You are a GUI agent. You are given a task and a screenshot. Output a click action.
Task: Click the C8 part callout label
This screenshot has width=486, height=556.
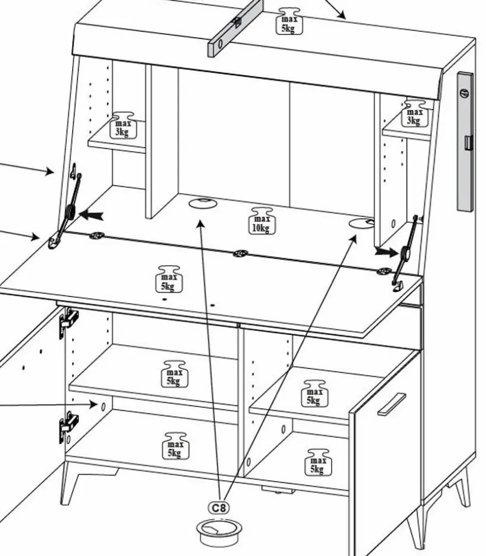(x=219, y=508)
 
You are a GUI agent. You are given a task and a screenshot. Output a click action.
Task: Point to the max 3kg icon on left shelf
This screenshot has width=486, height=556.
(x=122, y=124)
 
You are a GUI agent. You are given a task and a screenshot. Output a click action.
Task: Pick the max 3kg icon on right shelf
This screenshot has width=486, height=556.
(x=414, y=112)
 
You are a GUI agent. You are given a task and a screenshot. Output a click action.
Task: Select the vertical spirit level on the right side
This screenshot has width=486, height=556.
(x=465, y=141)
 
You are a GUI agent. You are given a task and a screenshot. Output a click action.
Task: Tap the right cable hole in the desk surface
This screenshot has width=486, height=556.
(x=361, y=223)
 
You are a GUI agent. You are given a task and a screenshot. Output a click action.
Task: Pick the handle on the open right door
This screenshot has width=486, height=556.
(x=391, y=404)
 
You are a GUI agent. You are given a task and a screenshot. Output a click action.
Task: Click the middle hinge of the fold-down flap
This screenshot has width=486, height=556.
(x=240, y=254)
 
